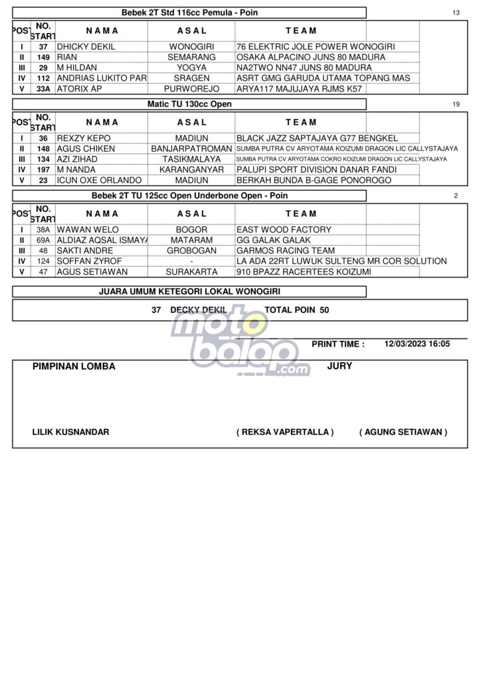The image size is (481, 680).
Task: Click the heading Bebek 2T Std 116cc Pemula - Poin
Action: coord(189,13)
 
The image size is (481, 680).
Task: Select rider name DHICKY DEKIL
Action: coord(86,47)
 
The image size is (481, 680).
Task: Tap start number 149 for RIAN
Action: coord(43,58)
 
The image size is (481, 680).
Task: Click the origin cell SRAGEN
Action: coord(192,78)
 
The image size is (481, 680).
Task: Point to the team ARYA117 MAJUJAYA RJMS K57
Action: coord(299,88)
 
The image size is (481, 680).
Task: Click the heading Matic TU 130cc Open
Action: coord(189,104)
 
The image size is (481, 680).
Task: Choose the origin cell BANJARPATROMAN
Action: coord(192,149)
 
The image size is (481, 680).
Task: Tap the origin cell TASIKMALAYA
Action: coord(192,159)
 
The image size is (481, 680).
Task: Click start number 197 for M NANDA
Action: coord(43,170)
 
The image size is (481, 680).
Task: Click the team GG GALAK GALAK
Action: coord(270,240)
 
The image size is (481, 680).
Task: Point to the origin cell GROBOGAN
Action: coord(192,251)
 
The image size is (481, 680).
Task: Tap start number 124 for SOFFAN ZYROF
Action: coord(43,262)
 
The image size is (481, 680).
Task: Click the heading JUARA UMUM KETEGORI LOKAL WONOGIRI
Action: coord(189,292)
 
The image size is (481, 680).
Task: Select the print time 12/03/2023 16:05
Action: coord(417,344)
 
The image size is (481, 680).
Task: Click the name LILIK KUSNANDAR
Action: coord(71,432)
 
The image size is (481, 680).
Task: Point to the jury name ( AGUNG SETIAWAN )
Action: coord(403,432)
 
